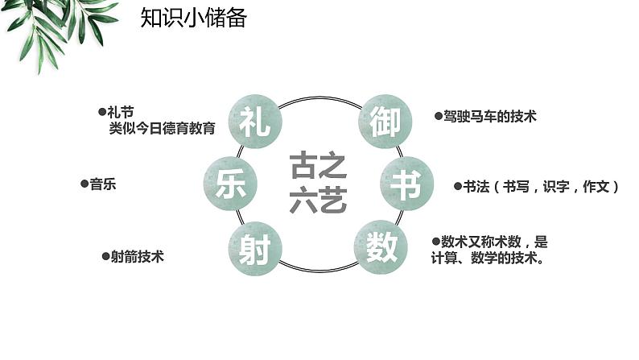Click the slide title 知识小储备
coord(193,18)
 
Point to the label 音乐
coord(103,184)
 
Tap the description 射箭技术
coord(138,257)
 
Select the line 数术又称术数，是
coord(494,242)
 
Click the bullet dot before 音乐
coord(85,184)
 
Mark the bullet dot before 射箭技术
coord(105,257)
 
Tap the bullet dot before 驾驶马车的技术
coord(438,117)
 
